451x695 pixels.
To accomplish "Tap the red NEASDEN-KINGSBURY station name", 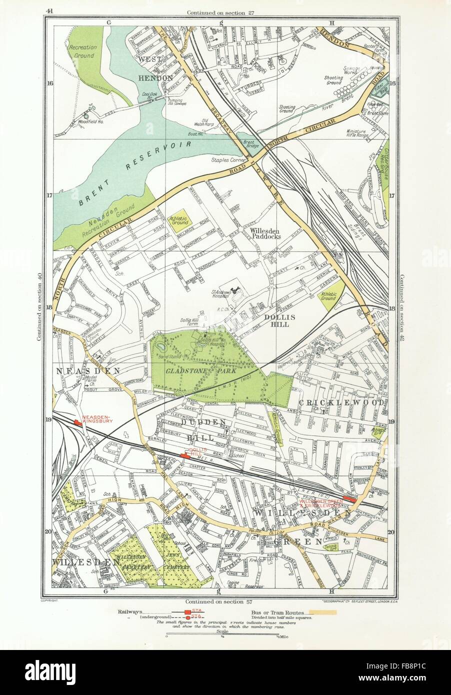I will (98, 419).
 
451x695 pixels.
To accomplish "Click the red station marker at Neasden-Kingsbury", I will (77, 423).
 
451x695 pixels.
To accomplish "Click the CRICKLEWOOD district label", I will (342, 402).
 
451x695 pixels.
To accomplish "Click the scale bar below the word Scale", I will (222, 636).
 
